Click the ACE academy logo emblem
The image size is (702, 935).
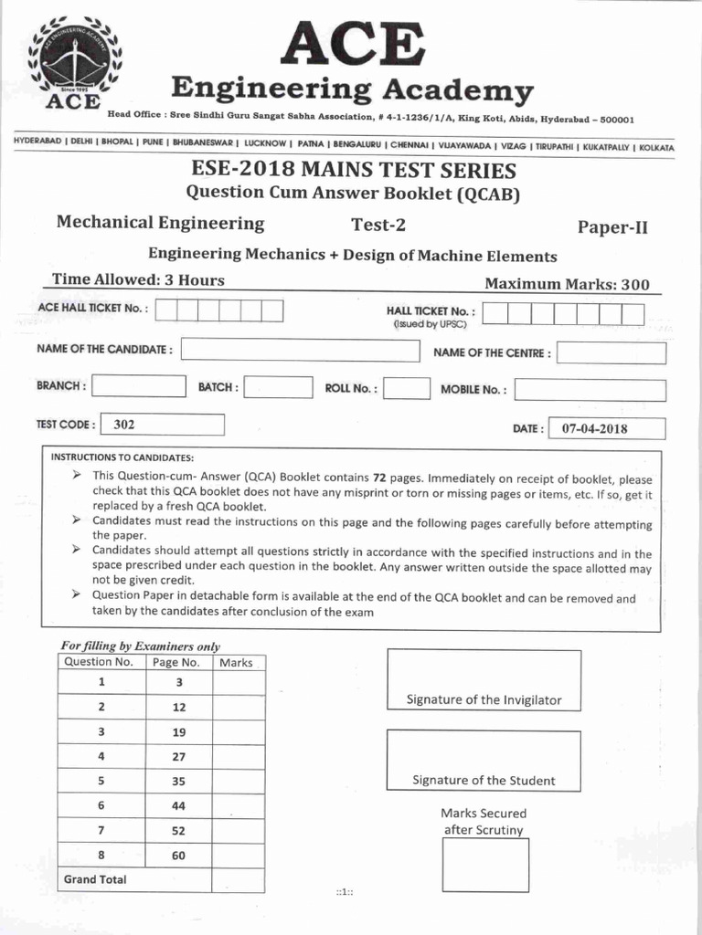coord(77,65)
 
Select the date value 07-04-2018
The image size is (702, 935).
coord(594,428)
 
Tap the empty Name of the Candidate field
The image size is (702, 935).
coord(300,351)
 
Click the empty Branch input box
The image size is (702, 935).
coord(138,386)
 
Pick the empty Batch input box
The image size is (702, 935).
coord(279,387)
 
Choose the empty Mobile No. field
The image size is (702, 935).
coord(589,390)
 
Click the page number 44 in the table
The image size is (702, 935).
coord(179,805)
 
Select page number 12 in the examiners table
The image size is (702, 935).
coord(179,707)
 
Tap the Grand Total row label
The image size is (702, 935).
coord(95,879)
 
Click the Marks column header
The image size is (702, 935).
coord(237,662)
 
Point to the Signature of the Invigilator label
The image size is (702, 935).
coord(484,700)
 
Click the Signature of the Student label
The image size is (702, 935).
coord(484,781)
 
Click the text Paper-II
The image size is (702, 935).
coord(612,227)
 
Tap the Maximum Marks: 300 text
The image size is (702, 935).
coord(567,284)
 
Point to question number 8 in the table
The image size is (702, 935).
coord(102,855)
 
